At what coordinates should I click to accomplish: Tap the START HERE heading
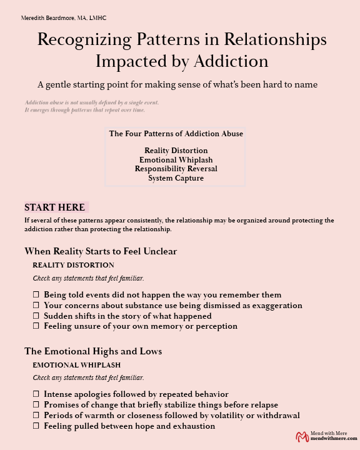coord(54,207)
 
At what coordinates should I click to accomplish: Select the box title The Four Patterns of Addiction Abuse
coord(176,134)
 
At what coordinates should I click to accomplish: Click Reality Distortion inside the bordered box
coord(176,151)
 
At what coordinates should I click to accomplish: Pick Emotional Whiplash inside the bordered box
coord(176,160)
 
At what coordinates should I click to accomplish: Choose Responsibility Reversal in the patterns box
coord(176,169)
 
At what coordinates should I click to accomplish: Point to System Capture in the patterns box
coord(176,178)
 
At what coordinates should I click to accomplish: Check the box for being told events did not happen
coord(36,294)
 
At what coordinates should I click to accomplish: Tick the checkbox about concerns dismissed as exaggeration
coord(36,305)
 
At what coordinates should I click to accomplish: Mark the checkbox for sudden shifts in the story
coord(36,316)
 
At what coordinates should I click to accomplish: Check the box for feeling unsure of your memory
coord(36,326)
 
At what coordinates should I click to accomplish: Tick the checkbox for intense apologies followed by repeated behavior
coord(36,394)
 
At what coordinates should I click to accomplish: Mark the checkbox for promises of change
coord(36,405)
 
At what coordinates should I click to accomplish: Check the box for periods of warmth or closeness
coord(36,415)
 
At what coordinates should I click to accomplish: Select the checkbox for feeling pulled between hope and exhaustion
coord(36,426)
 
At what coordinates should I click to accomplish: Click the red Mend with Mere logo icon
coord(302,437)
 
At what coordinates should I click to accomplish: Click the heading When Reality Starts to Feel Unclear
coord(101,251)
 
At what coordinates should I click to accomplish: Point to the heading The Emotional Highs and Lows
coord(93,351)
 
